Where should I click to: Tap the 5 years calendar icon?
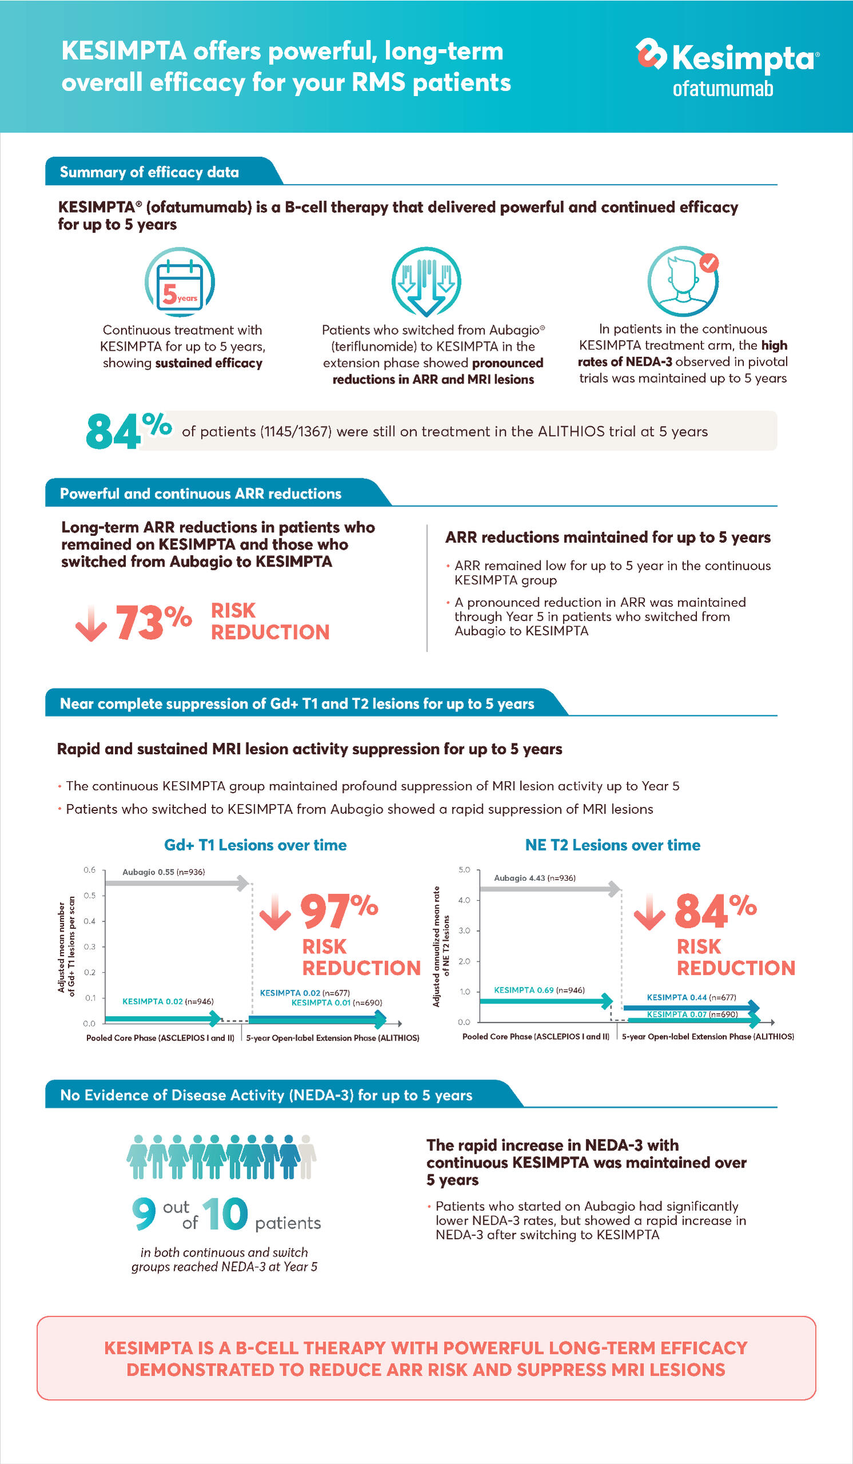[180, 282]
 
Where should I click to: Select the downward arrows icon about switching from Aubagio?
[426, 281]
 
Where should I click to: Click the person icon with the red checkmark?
[684, 282]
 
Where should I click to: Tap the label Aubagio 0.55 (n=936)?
[163, 872]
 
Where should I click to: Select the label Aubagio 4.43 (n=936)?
[535, 878]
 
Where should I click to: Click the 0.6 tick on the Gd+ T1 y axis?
[89, 870]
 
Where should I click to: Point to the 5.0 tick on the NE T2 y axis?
[465, 870]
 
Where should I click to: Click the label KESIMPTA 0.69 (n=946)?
[539, 990]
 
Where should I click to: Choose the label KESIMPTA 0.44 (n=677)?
[691, 998]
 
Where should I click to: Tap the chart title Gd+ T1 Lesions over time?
[256, 845]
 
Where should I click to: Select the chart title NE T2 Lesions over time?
[613, 845]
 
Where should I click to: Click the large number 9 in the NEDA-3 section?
[144, 1214]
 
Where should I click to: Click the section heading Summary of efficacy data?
[149, 172]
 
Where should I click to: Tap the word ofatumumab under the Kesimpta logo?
[723, 89]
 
